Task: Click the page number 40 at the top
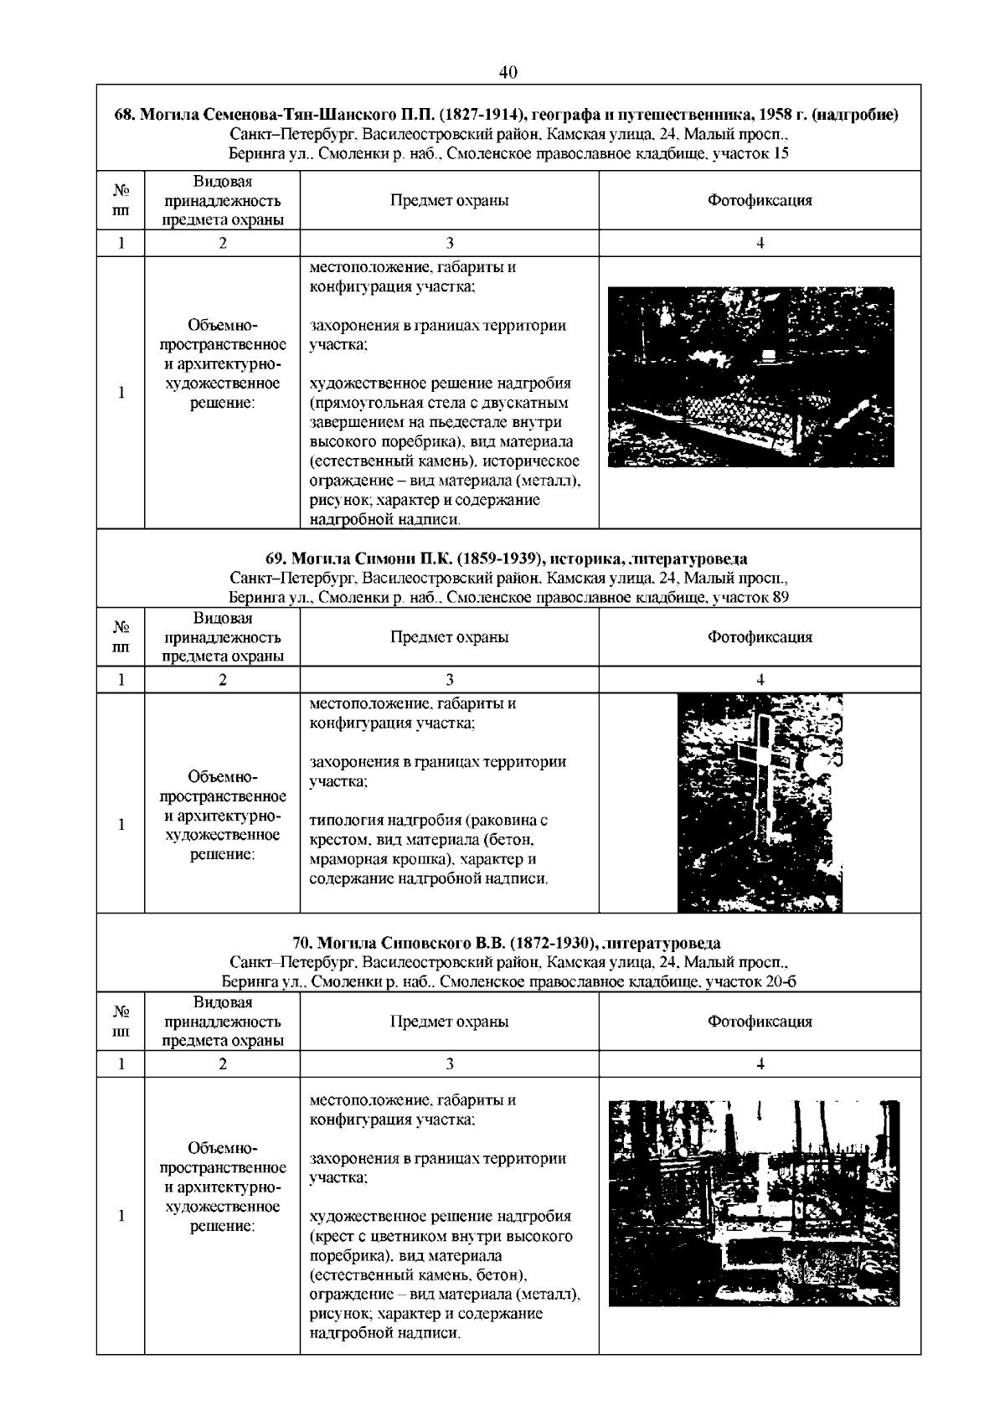[x=508, y=72]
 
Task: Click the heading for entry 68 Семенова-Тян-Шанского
[x=507, y=115]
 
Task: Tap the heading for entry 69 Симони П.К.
[x=507, y=559]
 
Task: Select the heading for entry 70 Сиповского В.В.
[x=507, y=944]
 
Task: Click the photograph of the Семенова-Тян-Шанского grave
[x=750, y=377]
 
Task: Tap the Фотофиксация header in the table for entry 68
[x=760, y=201]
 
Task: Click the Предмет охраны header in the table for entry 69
[x=449, y=637]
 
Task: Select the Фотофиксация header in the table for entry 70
[x=760, y=1022]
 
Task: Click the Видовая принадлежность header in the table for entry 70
[x=222, y=1022]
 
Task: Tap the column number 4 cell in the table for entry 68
[x=760, y=244]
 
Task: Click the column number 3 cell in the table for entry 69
[x=449, y=680]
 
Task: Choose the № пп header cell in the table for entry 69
[x=121, y=637]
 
